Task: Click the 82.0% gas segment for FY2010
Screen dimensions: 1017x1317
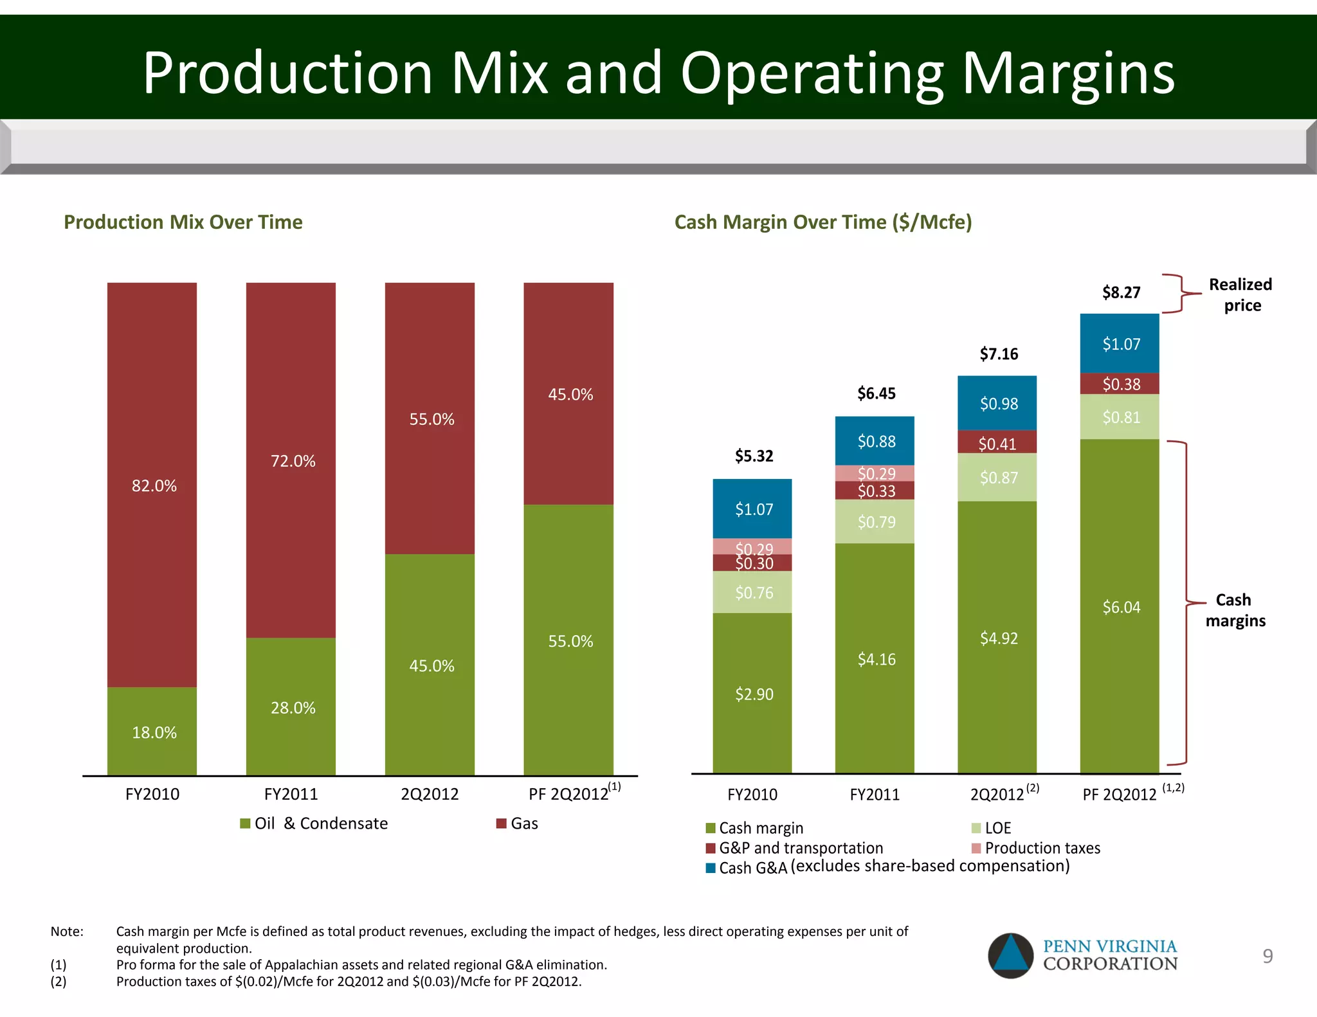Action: point(152,485)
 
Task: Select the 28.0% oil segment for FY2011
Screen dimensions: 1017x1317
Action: point(291,707)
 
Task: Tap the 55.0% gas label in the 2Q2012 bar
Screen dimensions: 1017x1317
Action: point(431,419)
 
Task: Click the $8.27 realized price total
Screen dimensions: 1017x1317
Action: point(1121,292)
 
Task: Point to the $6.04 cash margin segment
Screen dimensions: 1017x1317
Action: point(1120,607)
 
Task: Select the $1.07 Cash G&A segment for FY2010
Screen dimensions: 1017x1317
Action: point(753,509)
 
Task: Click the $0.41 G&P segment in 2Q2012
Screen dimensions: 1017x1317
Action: point(997,443)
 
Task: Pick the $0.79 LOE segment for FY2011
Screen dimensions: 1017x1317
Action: point(875,521)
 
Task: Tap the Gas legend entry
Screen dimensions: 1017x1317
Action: point(518,824)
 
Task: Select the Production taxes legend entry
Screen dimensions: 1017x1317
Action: point(1036,848)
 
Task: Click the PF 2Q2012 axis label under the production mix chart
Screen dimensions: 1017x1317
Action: point(569,794)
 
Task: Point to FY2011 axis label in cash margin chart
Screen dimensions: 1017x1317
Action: point(875,795)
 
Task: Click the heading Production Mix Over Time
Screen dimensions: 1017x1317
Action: point(183,222)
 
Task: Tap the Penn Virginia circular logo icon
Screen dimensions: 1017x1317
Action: point(1010,955)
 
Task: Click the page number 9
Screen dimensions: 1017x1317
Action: point(1267,956)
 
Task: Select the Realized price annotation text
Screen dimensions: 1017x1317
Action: point(1240,294)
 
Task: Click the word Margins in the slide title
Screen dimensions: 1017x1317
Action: point(1067,73)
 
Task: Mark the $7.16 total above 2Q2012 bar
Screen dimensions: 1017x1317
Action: point(998,354)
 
